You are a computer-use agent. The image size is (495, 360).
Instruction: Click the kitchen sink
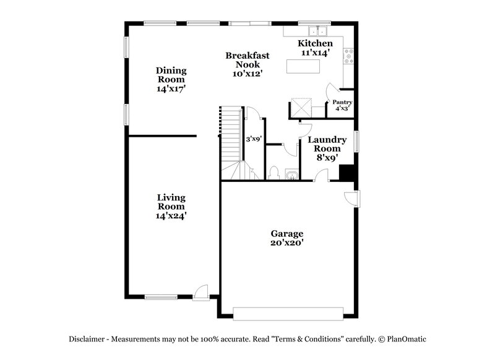point(317,31)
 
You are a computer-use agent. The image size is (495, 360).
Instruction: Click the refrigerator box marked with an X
point(301,108)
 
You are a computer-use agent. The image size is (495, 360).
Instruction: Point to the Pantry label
point(342,102)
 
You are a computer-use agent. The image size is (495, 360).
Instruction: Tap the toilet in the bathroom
point(274,173)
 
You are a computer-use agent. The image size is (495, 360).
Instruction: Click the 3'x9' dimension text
point(254,139)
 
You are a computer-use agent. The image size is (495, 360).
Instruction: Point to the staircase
point(231,136)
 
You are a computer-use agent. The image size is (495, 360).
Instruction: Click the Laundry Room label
point(327,145)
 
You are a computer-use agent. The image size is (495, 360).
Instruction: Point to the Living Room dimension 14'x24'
point(171,216)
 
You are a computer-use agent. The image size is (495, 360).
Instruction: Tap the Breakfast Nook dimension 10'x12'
point(247,73)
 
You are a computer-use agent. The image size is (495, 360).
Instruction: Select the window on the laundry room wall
point(356,141)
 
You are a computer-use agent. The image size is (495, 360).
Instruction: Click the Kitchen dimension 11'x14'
point(315,53)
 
